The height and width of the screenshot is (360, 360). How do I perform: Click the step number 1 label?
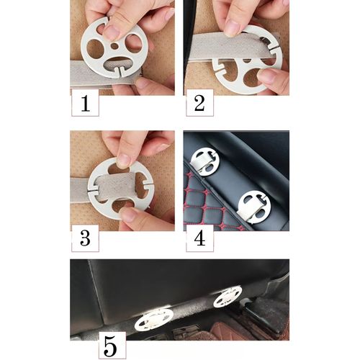tap(86, 103)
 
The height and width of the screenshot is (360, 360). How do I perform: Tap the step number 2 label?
tap(199, 103)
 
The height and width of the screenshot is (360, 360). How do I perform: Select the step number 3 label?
tap(86, 238)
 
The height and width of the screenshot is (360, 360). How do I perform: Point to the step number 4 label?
tap(199, 238)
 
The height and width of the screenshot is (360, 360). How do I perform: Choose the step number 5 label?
tap(112, 346)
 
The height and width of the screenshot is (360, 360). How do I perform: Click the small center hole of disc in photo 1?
tap(114, 46)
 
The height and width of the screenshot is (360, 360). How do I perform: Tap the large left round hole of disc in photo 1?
tap(94, 49)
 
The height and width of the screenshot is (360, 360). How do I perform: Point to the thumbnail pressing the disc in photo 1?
tap(111, 32)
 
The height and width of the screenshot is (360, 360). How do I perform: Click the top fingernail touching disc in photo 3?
tap(124, 161)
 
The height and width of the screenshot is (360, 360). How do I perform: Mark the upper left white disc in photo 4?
tap(204, 161)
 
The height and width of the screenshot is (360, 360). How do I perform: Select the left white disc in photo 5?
tap(154, 318)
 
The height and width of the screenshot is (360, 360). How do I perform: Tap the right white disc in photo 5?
tap(228, 297)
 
